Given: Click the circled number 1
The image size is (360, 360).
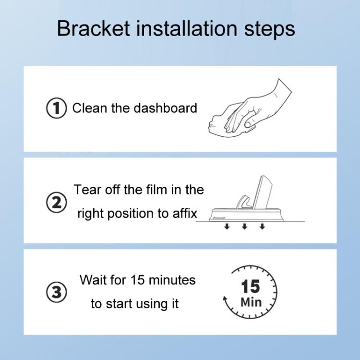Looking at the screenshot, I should (x=56, y=108).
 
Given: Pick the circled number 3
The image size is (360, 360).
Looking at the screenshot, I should (x=56, y=292).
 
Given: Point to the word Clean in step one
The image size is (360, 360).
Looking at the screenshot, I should (x=90, y=108).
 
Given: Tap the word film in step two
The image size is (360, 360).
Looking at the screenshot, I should (x=158, y=190).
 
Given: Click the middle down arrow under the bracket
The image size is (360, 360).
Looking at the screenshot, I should (x=244, y=226).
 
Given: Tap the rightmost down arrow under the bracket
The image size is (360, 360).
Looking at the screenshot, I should (x=262, y=226).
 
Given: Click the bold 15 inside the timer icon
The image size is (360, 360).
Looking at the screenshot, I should (x=251, y=287).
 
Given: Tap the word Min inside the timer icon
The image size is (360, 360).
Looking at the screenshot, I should (x=251, y=303).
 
